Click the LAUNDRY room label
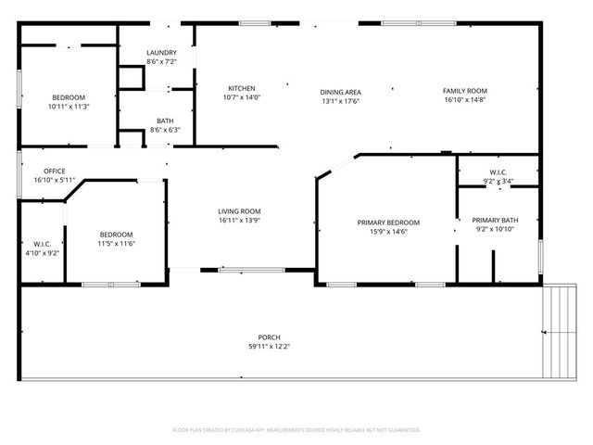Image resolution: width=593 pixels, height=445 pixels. [x=161, y=52]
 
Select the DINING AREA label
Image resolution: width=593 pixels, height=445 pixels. [x=340, y=92]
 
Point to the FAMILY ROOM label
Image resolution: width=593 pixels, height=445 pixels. [x=464, y=89]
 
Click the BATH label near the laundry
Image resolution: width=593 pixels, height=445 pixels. [x=165, y=121]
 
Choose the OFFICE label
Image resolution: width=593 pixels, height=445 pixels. [x=54, y=172]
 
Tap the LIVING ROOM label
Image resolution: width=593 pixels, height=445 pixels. [x=239, y=211]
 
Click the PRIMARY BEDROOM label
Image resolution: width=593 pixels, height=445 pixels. [x=389, y=222]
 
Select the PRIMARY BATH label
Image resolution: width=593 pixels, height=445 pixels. [x=497, y=220]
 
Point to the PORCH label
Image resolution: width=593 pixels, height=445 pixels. [x=269, y=337]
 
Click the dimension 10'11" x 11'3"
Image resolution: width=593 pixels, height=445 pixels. [x=69, y=107]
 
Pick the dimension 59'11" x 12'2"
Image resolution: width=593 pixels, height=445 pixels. [x=269, y=347]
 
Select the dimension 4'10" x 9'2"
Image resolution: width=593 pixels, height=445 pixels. [x=41, y=252]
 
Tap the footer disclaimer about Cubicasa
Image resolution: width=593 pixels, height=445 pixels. [x=296, y=430]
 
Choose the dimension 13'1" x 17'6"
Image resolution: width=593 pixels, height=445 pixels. [x=340, y=101]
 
